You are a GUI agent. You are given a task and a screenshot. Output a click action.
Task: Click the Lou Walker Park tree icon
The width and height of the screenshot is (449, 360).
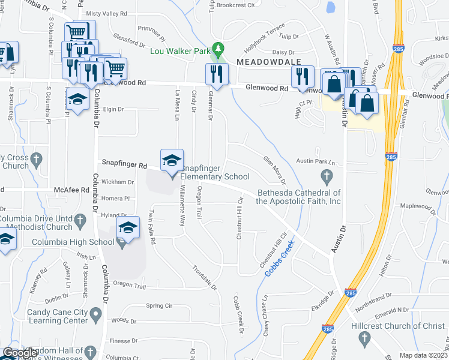tap(219, 47)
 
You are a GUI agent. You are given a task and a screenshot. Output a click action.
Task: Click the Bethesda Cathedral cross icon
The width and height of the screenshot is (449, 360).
tap(327, 176)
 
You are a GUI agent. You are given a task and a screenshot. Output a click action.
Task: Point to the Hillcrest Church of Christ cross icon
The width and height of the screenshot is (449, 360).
tap(364, 339)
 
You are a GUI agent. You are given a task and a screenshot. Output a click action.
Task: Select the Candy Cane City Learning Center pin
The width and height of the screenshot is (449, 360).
tap(95, 314)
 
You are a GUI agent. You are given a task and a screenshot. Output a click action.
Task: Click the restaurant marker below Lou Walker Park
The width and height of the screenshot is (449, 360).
tap(216, 75)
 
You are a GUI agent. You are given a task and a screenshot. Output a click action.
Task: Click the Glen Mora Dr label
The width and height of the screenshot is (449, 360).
tap(274, 169)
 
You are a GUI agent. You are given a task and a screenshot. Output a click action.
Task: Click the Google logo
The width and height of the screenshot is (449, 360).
tap(20, 353)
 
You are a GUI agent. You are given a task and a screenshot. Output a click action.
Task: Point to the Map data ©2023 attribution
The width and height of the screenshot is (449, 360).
tap(423, 355)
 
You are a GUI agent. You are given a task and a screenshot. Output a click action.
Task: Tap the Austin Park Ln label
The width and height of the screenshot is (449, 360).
tap(314, 162)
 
